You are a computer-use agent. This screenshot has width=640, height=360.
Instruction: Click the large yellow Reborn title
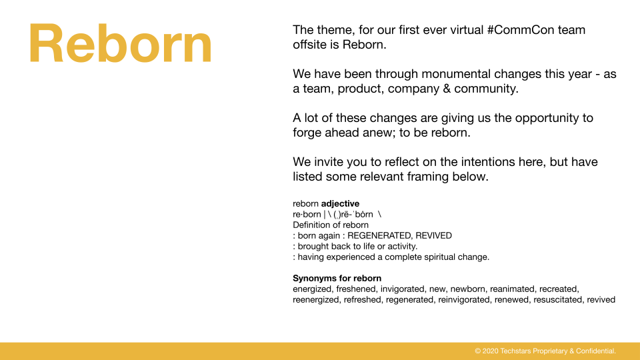click(x=121, y=43)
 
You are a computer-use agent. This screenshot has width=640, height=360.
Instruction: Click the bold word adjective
click(x=341, y=204)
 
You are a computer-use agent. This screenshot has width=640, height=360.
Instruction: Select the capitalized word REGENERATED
click(x=379, y=235)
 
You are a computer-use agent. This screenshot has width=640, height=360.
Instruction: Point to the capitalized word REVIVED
click(x=433, y=235)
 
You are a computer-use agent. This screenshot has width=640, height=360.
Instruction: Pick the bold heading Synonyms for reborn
click(x=337, y=279)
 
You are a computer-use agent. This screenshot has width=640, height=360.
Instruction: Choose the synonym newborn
click(x=468, y=289)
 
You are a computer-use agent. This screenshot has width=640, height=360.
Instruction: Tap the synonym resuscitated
click(x=558, y=299)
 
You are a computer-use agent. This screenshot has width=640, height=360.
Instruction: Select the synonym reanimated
click(x=513, y=289)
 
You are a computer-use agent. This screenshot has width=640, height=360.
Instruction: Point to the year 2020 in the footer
click(x=490, y=351)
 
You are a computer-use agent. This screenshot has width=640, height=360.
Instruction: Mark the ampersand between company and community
click(x=447, y=89)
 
